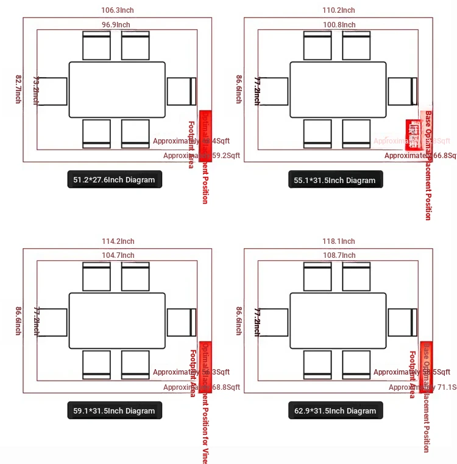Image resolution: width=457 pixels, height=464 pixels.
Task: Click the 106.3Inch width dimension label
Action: tap(117, 10)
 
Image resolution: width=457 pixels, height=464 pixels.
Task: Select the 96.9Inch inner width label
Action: tap(116, 25)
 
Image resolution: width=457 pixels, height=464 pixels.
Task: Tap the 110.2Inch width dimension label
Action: tap(338, 10)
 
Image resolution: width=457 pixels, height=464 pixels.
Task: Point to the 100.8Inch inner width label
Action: tap(339, 25)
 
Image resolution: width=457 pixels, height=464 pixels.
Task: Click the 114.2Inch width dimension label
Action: tap(118, 241)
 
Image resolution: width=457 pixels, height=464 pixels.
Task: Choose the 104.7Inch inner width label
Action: tap(118, 255)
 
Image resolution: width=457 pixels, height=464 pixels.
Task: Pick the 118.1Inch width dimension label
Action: tap(338, 241)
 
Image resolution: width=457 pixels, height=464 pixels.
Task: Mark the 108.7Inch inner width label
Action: tap(339, 255)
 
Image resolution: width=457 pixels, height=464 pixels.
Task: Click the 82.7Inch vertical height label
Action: tap(18, 89)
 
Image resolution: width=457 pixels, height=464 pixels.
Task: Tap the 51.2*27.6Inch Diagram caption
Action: tap(115, 179)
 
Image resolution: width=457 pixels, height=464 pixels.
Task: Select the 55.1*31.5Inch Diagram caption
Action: tap(335, 180)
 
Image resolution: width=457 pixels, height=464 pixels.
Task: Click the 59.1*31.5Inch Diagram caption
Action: tap(115, 410)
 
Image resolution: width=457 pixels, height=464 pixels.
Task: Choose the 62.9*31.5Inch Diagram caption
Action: tap(335, 410)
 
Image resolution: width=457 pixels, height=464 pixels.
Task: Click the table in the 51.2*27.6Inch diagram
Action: tap(117, 89)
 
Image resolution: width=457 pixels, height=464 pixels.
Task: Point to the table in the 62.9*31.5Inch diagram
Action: tap(338, 320)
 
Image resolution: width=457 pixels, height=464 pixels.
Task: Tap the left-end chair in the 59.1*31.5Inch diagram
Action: tap(54, 322)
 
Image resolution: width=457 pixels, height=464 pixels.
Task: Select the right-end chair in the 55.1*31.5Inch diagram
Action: tap(402, 91)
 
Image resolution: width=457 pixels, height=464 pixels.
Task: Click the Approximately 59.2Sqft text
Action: tap(202, 156)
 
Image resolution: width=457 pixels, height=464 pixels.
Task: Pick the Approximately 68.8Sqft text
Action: tap(202, 387)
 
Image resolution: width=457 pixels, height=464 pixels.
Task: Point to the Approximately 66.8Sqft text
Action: tap(420, 156)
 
